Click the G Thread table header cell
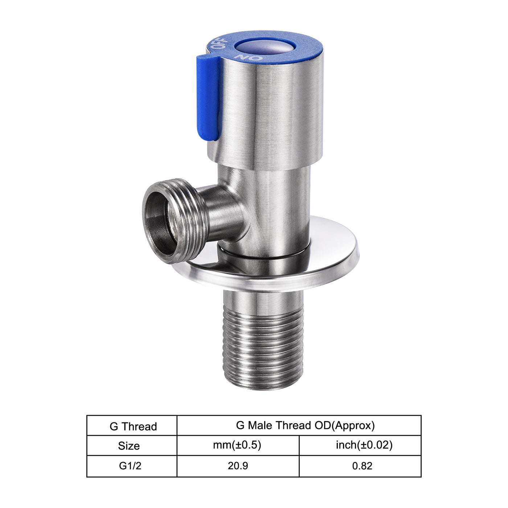click(x=133, y=426)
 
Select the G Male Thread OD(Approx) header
click(x=305, y=425)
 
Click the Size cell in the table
click(x=129, y=446)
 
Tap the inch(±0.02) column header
click(x=364, y=445)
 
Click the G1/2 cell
click(x=130, y=466)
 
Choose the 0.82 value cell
click(x=362, y=466)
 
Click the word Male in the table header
click(x=260, y=425)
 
